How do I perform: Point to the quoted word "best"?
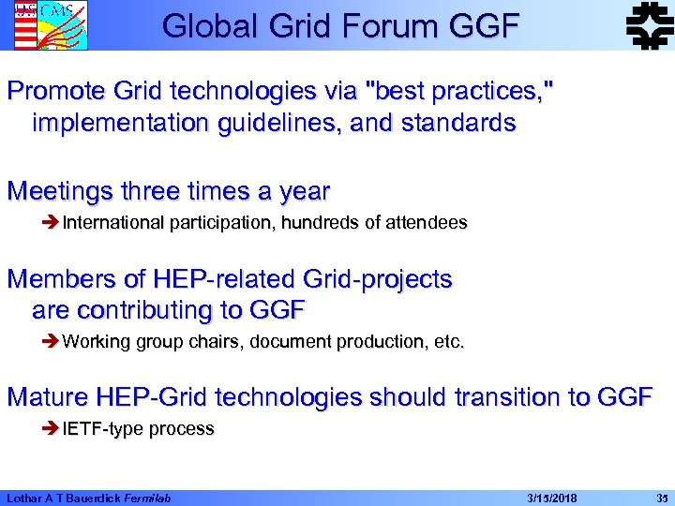pos(405,92)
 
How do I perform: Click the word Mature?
pos(51,397)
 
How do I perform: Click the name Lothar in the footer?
pos(26,497)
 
